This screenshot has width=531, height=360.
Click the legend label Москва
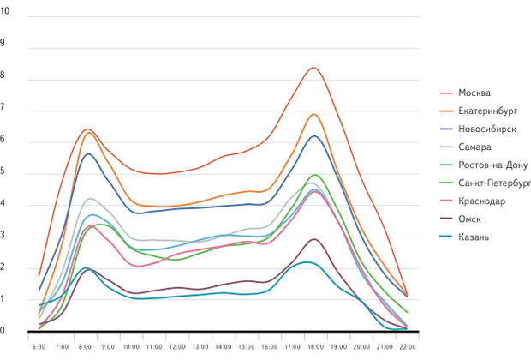pyautogui.click(x=474, y=93)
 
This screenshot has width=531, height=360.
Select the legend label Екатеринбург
pyautogui.click(x=486, y=111)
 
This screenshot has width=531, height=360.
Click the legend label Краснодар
pyautogui.click(x=481, y=201)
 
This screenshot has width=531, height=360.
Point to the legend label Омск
pyautogui.click(x=469, y=219)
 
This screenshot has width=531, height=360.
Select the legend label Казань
pyautogui.click(x=474, y=237)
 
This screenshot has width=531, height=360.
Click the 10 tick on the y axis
pyautogui.click(x=4, y=10)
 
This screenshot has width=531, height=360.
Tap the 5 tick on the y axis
pyautogui.click(x=3, y=171)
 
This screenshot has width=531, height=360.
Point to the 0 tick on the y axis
pyautogui.click(x=3, y=331)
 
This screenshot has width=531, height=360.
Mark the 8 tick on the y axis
pyautogui.click(x=3, y=75)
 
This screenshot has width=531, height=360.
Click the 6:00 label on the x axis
pyautogui.click(x=38, y=347)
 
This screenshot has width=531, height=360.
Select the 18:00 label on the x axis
pyautogui.click(x=314, y=347)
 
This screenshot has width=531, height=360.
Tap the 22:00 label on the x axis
pyautogui.click(x=407, y=347)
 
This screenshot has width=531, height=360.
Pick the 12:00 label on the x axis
pyautogui.click(x=176, y=347)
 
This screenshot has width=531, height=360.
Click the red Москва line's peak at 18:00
pyautogui.click(x=313, y=68)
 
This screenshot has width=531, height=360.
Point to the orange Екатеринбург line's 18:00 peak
pyautogui.click(x=313, y=114)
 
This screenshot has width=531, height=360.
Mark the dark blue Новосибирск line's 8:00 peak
pyautogui.click(x=87, y=154)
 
